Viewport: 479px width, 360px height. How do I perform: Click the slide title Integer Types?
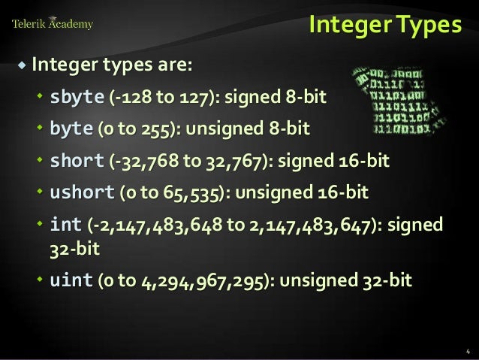click(385, 26)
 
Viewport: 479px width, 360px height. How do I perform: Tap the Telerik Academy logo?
click(52, 24)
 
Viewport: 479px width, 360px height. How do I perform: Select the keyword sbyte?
click(77, 97)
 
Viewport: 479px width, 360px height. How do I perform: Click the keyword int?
click(65, 225)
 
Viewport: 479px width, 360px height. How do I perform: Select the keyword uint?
click(71, 280)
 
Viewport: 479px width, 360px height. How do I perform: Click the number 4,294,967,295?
click(206, 281)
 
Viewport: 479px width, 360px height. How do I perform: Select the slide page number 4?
click(467, 350)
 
